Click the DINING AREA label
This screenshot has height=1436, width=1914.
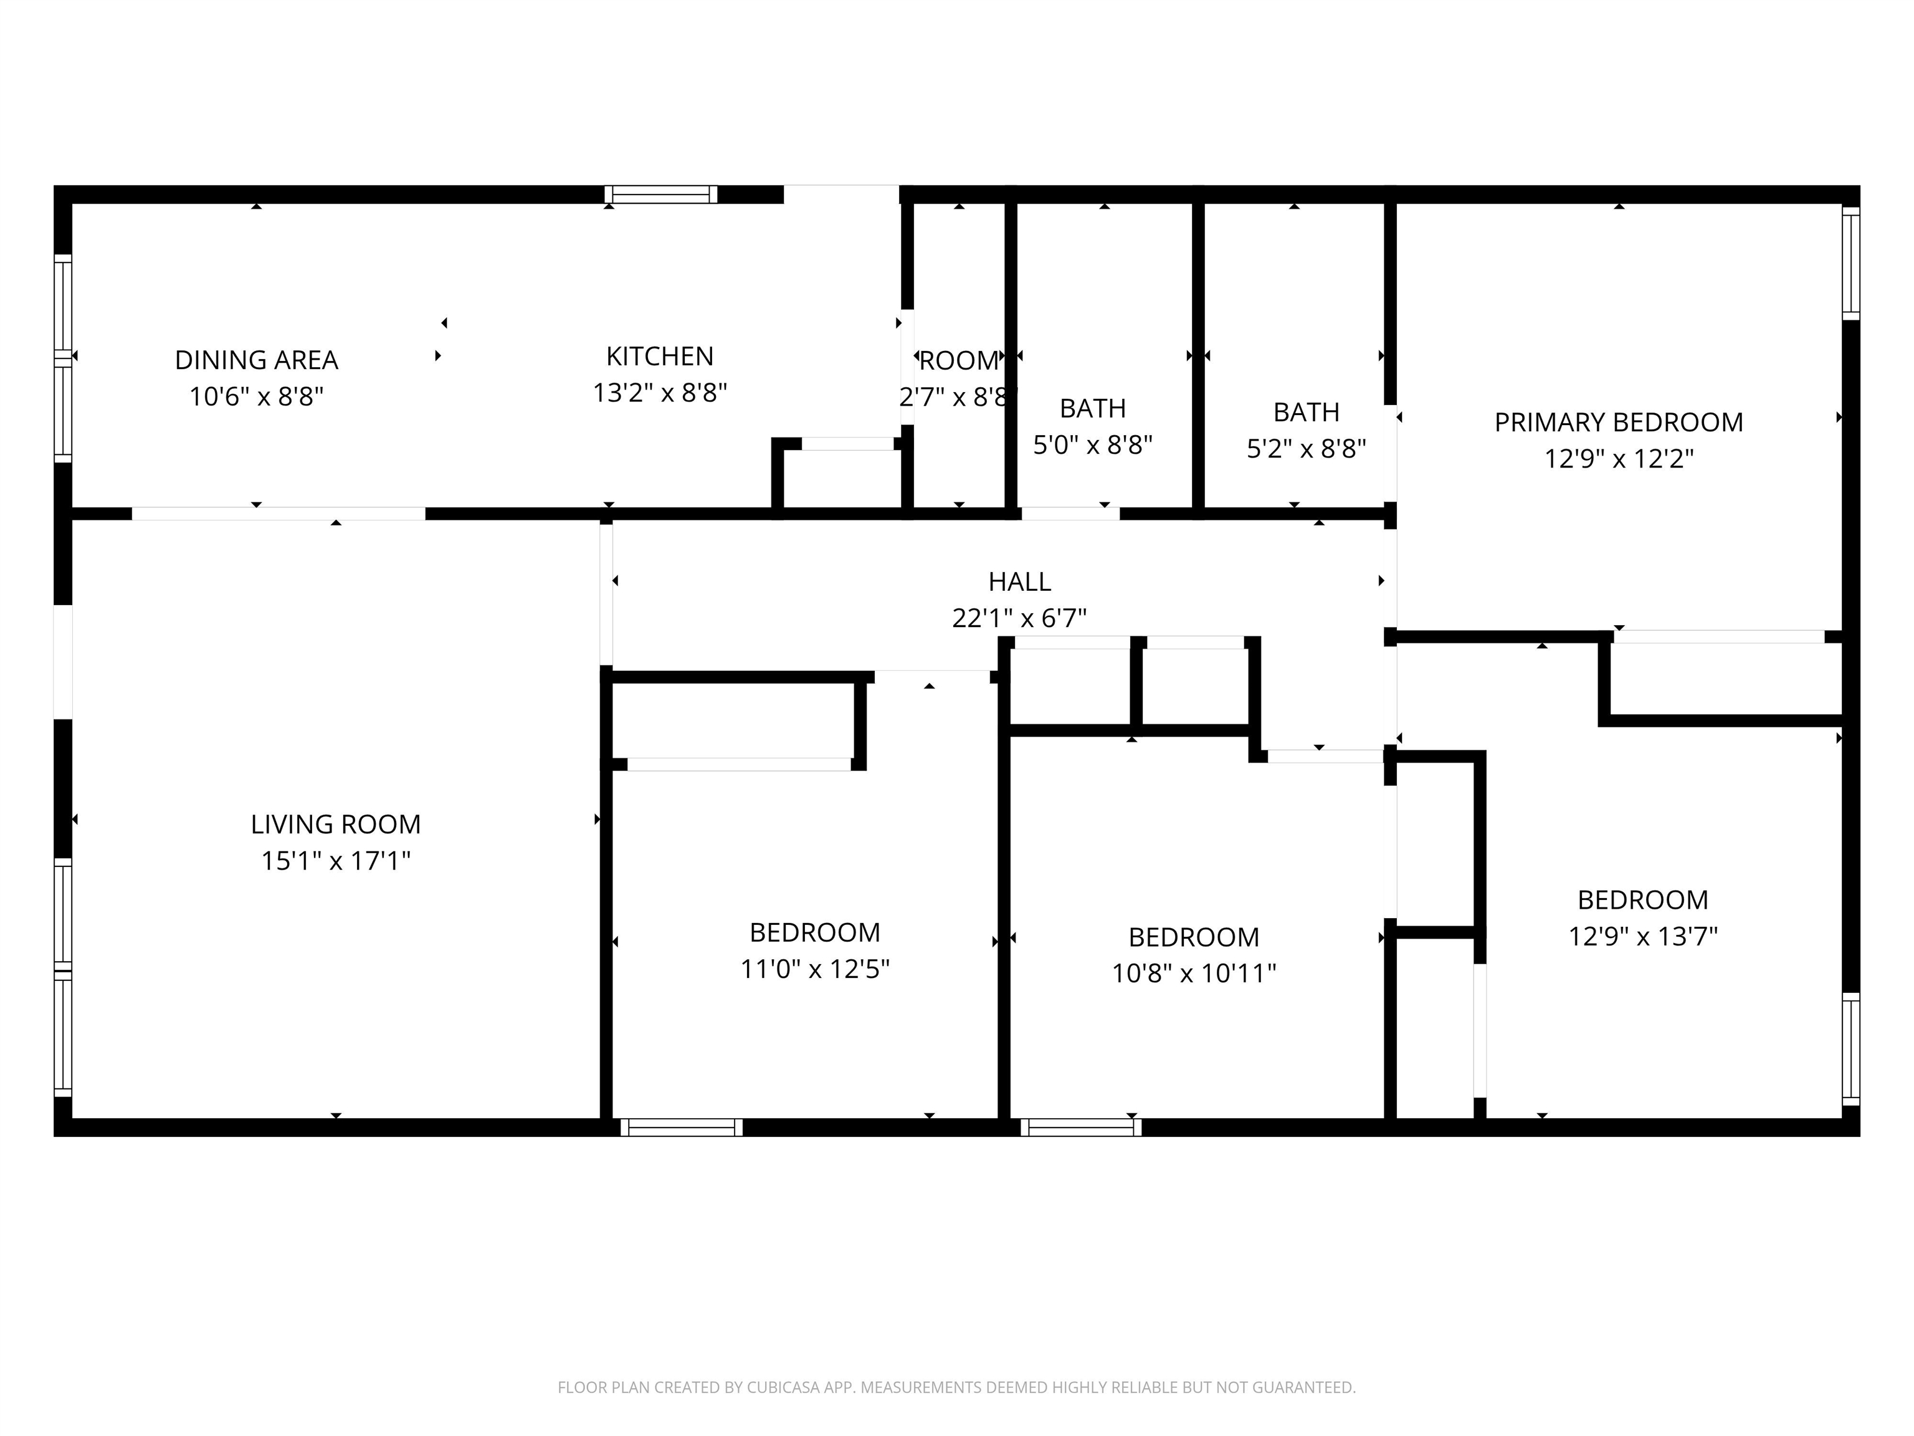pyautogui.click(x=256, y=360)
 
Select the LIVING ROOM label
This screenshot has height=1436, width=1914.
pyautogui.click(x=336, y=824)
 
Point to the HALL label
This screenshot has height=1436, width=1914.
pyautogui.click(x=1019, y=582)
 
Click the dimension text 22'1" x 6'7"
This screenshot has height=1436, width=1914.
pyautogui.click(x=1019, y=618)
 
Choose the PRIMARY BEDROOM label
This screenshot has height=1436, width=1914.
pyautogui.click(x=1618, y=423)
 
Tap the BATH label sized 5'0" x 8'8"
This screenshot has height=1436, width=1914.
pyautogui.click(x=1093, y=409)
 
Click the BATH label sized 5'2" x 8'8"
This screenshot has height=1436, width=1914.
pyautogui.click(x=1306, y=412)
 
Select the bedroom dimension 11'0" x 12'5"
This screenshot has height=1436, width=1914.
pyautogui.click(x=814, y=969)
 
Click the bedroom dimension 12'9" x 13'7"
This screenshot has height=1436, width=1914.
pyautogui.click(x=1642, y=937)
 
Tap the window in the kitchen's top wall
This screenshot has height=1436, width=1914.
pyautogui.click(x=661, y=194)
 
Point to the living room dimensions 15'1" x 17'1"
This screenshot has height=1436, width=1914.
pyautogui.click(x=336, y=861)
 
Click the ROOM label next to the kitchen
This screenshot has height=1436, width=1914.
pyautogui.click(x=959, y=361)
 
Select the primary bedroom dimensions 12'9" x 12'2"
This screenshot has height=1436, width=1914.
pyautogui.click(x=1618, y=459)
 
